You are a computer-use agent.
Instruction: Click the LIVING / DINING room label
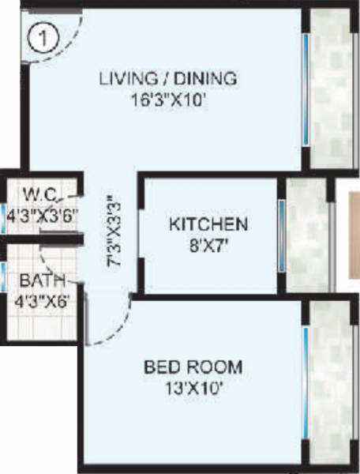pos(168,78)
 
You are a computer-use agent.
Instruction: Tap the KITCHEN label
pos(208,224)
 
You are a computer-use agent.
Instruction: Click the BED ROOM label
pos(193,368)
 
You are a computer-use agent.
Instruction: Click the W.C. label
pos(38,194)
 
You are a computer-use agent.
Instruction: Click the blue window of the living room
pos(306,86)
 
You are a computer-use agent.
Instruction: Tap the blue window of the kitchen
pos(280,236)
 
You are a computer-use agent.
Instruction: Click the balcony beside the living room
pos(329,87)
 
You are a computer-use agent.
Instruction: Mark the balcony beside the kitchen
pos(305,236)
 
